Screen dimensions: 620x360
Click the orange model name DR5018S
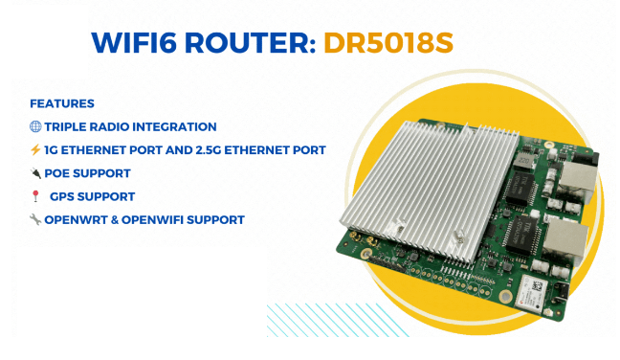tap(388, 43)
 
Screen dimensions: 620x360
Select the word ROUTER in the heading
tap(250, 43)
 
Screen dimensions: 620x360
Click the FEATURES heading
tap(62, 103)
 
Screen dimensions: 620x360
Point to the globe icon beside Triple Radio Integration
tap(35, 126)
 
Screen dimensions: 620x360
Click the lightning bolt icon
tap(35, 150)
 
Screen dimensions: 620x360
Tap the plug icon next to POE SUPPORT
tap(35, 173)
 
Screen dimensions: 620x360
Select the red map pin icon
tap(35, 196)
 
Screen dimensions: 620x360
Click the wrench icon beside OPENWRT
tap(35, 219)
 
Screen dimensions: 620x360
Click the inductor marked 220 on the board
tap(523, 160)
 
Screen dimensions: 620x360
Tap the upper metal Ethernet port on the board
tap(578, 179)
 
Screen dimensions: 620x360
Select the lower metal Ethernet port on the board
tap(565, 238)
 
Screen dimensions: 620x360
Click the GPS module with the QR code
tap(532, 292)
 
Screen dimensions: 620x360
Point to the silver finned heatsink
tap(430, 190)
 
